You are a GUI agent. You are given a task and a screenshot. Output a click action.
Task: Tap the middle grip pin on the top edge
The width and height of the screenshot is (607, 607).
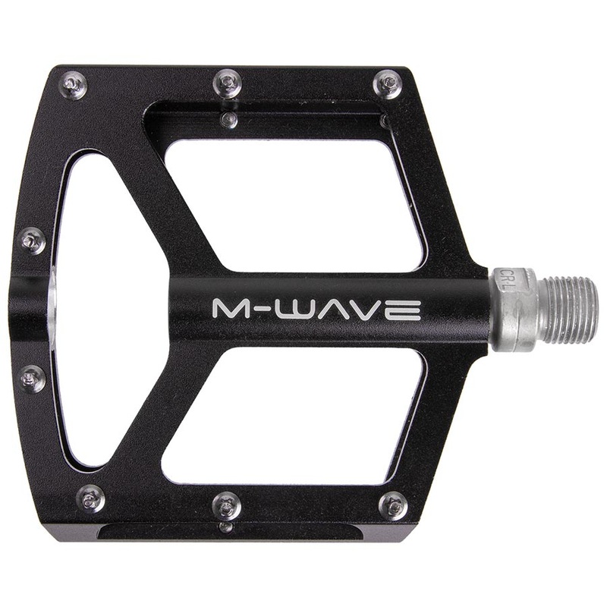click(x=227, y=83)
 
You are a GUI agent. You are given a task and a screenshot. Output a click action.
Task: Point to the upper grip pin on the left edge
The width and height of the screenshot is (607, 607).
click(x=32, y=241)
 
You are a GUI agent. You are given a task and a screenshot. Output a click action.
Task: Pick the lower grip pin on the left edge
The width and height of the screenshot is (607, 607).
click(x=32, y=378)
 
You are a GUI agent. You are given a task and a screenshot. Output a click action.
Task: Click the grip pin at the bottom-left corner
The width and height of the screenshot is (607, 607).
click(x=90, y=498)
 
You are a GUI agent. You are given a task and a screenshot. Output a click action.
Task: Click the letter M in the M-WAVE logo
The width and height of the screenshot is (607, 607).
click(x=228, y=309)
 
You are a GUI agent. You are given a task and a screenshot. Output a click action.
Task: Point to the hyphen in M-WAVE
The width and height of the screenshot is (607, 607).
click(x=258, y=310)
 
